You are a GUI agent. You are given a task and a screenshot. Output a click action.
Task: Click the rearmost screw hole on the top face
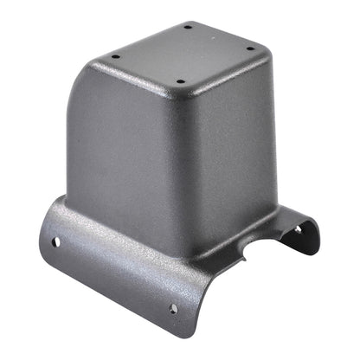click(188, 27)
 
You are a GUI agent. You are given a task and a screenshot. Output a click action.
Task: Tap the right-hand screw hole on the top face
click(249, 48)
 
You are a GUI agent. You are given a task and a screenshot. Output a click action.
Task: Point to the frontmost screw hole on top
click(180, 84)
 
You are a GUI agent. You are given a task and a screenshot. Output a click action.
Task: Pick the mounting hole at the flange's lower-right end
click(172, 308)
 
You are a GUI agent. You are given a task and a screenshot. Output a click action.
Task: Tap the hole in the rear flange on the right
click(299, 229)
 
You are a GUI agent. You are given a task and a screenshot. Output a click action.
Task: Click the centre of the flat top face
click(183, 55)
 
